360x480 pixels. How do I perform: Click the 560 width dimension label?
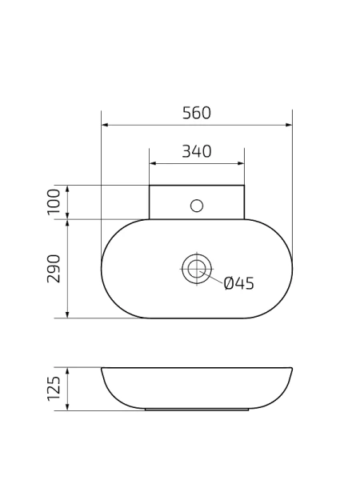point(196,113)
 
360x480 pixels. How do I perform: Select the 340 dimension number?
point(196,151)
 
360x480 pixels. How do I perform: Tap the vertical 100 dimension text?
point(54,202)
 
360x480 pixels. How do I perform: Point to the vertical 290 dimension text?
point(54,269)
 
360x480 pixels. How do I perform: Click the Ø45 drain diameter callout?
point(238,283)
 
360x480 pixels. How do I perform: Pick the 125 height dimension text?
point(54,389)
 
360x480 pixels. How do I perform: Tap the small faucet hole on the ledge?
point(197,206)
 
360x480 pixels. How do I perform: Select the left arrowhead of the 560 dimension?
point(105,125)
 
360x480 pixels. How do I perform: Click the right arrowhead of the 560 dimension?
point(289,125)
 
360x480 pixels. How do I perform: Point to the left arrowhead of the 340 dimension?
point(153,163)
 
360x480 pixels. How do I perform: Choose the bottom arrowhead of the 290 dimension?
point(68,314)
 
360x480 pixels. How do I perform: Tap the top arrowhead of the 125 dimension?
point(68,371)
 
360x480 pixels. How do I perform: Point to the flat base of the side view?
point(196,409)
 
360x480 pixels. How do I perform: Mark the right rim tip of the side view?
point(291,369)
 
